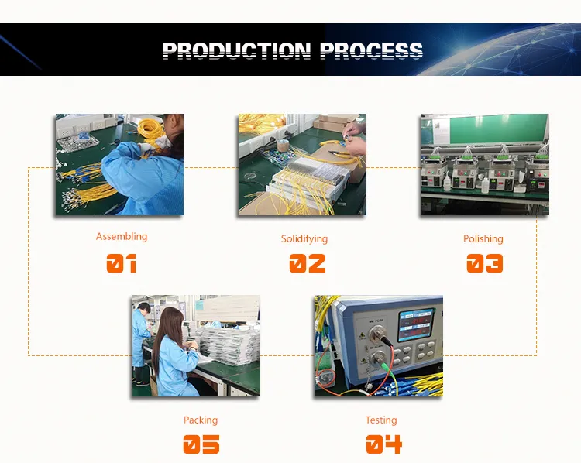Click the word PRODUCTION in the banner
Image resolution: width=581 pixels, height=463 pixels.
(236, 50)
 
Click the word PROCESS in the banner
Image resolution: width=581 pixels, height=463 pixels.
(371, 50)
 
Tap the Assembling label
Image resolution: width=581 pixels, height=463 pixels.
(122, 237)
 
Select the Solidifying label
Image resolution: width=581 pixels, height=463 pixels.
(304, 239)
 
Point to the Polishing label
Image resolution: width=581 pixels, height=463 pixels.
(483, 239)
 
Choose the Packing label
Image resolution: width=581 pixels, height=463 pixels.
(201, 420)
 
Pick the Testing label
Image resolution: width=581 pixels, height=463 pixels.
(381, 420)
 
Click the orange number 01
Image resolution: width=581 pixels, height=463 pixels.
(121, 263)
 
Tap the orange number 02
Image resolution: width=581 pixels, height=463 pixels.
(308, 263)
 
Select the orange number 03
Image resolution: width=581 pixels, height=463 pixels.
(485, 263)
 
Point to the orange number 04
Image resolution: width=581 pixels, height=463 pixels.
(383, 444)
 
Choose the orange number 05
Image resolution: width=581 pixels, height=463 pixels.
(201, 444)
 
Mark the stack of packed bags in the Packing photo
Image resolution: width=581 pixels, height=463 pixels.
(227, 345)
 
